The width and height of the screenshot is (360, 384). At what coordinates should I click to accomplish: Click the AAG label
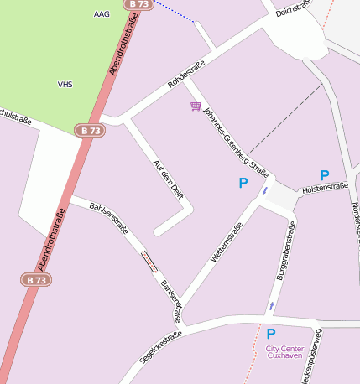[x=102, y=14]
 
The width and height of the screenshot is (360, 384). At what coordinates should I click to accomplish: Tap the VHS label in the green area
[x=65, y=85]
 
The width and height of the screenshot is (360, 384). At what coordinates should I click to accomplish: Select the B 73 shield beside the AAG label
[x=139, y=4]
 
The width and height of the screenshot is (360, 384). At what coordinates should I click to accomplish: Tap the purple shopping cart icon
[x=196, y=106]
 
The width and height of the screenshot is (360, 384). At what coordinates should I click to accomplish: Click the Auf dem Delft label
[x=169, y=179]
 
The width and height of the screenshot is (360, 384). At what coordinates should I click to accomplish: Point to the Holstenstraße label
[x=325, y=189]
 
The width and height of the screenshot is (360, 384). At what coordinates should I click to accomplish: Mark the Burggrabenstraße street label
[x=286, y=250]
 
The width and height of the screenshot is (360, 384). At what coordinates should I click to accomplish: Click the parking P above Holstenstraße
[x=324, y=175]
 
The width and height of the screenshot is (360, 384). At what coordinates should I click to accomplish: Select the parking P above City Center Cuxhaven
[x=270, y=334]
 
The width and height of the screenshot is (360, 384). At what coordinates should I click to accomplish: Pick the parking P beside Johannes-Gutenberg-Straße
[x=243, y=183]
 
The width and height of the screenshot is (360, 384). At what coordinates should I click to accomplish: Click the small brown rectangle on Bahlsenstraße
[x=149, y=262]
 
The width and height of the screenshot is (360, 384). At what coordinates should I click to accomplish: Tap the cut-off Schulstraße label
[x=16, y=119]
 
